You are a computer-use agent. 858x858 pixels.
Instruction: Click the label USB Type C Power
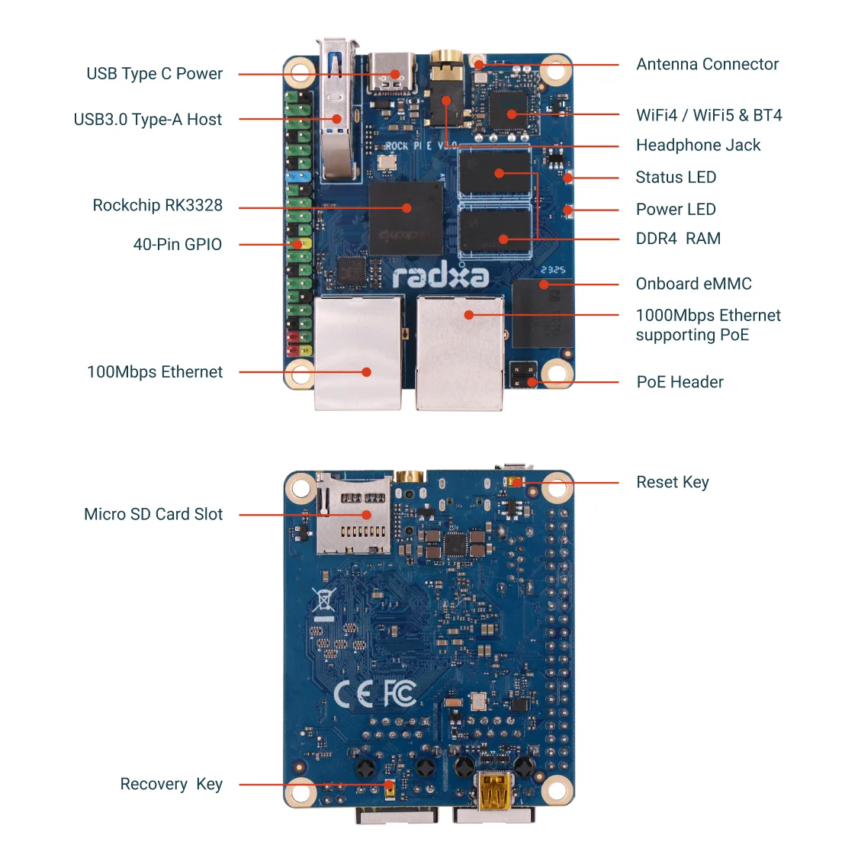click(x=154, y=74)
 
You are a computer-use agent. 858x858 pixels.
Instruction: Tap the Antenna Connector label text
click(x=707, y=65)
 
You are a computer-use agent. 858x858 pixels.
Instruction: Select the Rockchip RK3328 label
click(x=157, y=206)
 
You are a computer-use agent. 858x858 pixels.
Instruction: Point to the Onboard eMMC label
click(x=693, y=284)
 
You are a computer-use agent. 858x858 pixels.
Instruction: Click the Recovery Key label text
click(x=171, y=785)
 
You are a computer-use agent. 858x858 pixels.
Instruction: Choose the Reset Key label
click(x=672, y=483)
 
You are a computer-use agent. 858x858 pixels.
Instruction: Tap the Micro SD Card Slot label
click(x=153, y=515)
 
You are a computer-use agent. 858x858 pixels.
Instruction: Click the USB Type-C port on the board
click(x=391, y=73)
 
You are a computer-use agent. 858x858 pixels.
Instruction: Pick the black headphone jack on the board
click(x=446, y=95)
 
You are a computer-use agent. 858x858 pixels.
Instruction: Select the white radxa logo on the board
click(x=440, y=275)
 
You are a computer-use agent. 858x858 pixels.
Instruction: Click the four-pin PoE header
click(x=524, y=375)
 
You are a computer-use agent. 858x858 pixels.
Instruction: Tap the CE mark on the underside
click(x=354, y=693)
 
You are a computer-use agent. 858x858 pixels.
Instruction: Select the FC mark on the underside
click(x=399, y=693)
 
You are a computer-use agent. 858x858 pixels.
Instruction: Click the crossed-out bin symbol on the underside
click(x=324, y=603)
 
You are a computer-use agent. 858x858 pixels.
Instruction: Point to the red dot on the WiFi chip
click(x=512, y=114)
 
